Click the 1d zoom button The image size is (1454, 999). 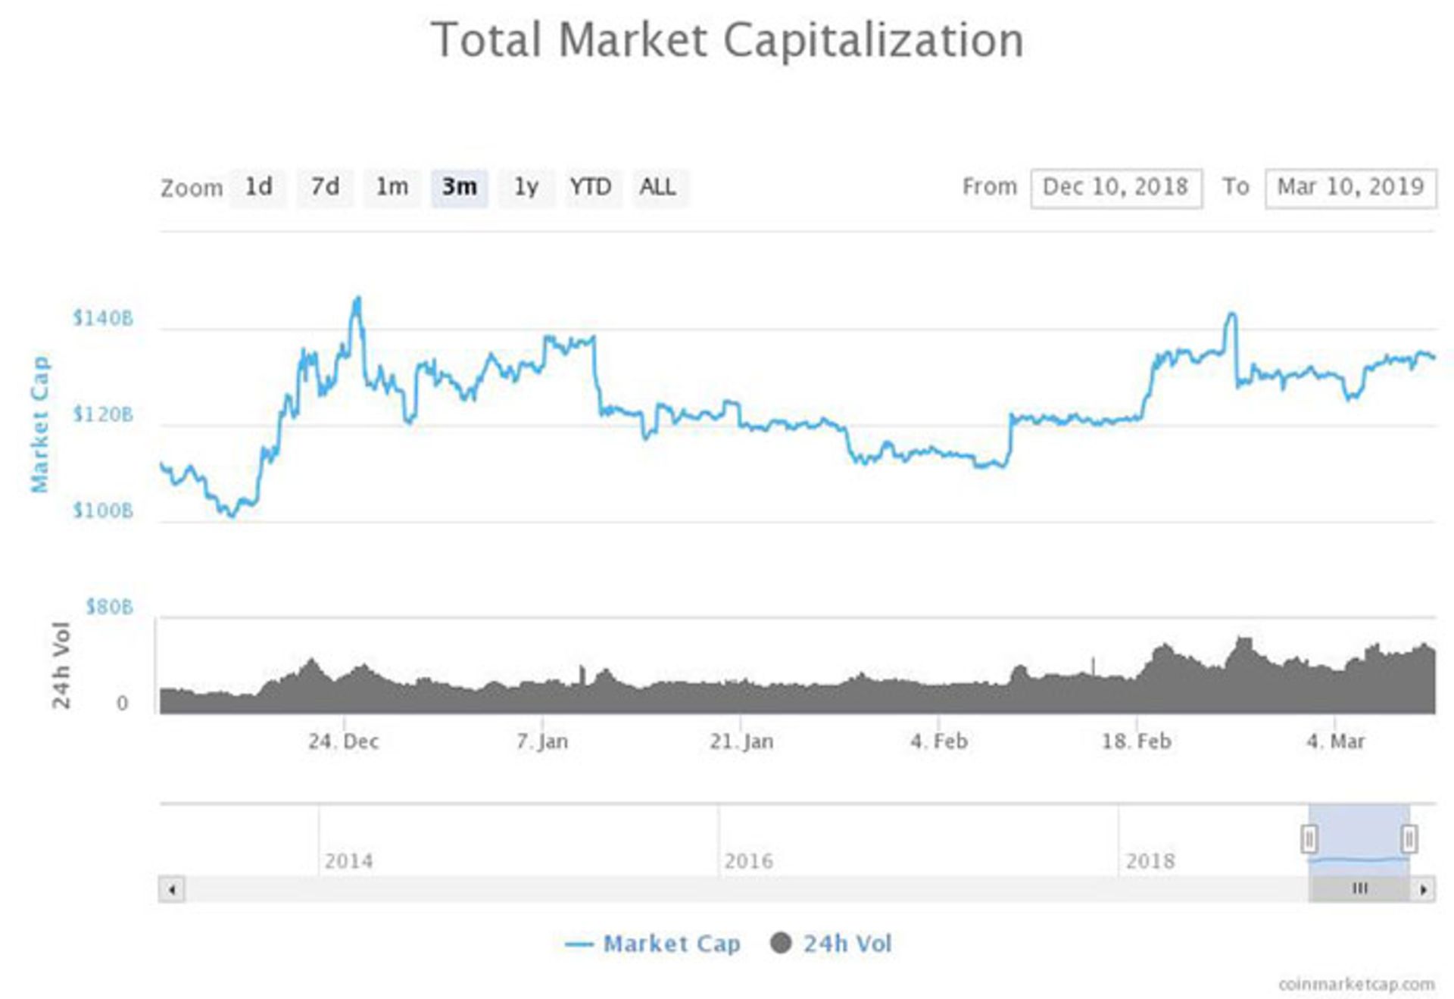click(258, 187)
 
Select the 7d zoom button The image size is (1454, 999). click(325, 187)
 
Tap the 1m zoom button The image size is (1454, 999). click(392, 187)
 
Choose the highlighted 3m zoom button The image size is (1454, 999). click(459, 187)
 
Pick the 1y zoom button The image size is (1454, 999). click(526, 187)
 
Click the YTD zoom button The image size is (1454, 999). click(591, 187)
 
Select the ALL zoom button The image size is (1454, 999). click(657, 187)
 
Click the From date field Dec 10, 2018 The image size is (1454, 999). click(1115, 187)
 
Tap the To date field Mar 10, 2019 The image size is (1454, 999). click(1350, 187)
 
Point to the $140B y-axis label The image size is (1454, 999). click(103, 318)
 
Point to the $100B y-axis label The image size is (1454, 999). click(103, 511)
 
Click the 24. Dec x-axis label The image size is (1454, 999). click(343, 741)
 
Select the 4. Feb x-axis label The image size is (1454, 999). click(939, 741)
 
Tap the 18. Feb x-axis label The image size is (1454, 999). click(1136, 741)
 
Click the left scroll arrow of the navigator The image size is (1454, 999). click(172, 889)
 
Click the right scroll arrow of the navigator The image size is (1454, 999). click(1424, 889)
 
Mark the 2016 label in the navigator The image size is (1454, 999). click(748, 861)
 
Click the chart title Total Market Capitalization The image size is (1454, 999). click(727, 40)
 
